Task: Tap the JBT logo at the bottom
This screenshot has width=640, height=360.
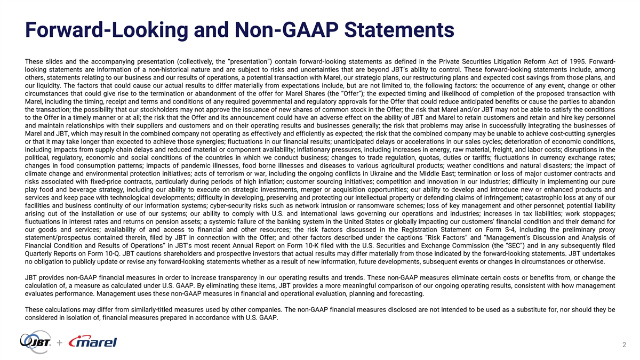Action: pos(36,341)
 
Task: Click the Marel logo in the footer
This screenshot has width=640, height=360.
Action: pos(93,342)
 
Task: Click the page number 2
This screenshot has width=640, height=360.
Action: pos(623,345)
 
